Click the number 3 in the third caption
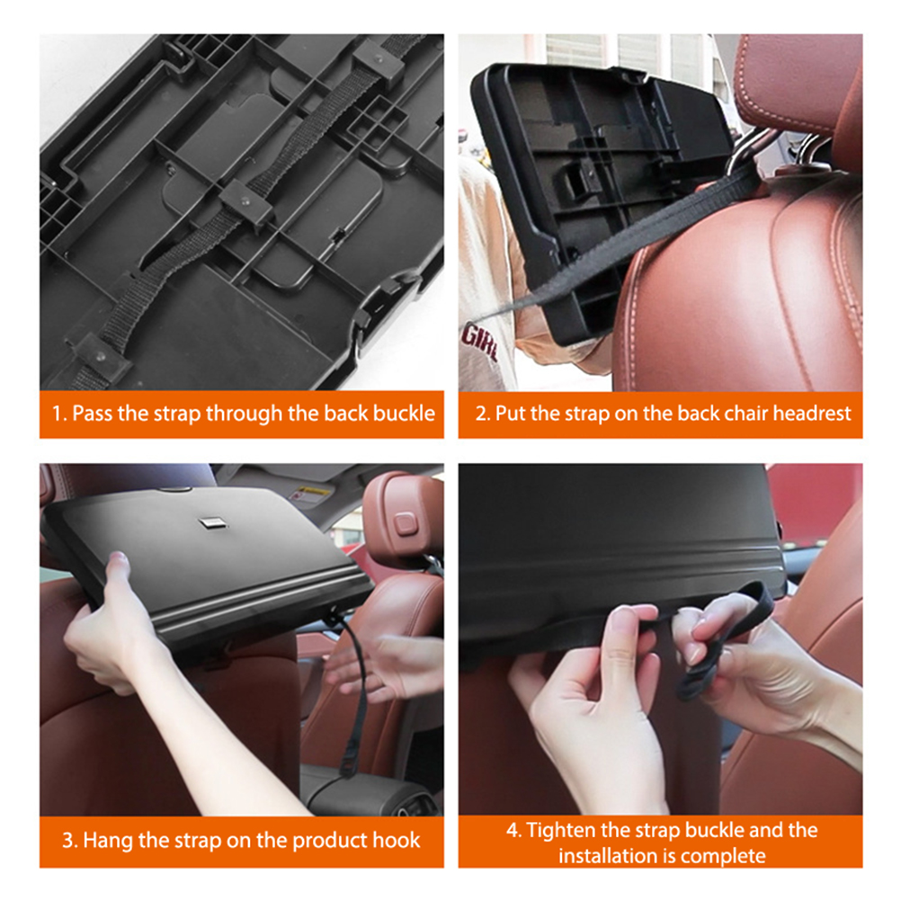(68, 840)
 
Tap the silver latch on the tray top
(212, 522)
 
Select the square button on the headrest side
(406, 523)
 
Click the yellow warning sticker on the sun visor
(311, 492)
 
